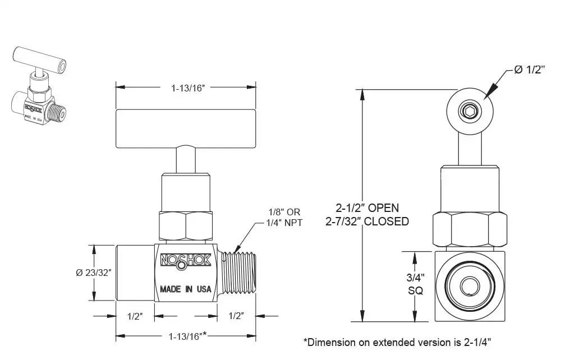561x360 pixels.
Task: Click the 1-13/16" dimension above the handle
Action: coord(188,88)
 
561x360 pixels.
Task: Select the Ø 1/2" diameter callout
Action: coord(529,70)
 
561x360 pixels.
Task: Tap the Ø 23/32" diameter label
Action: coord(94,273)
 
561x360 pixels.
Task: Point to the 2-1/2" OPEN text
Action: coord(367,207)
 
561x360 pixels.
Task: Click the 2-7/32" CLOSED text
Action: coord(367,221)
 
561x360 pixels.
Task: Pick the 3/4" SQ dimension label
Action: coord(415,284)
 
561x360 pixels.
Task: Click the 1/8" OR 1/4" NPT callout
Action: coord(284,218)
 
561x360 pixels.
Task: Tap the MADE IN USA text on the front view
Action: coord(185,289)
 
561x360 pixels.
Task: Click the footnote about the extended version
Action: coord(397,342)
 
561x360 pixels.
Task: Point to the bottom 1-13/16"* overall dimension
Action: coord(188,336)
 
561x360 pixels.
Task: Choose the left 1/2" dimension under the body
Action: coord(135,316)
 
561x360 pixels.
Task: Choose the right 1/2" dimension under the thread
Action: coord(236,316)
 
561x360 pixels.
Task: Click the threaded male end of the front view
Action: coord(237,273)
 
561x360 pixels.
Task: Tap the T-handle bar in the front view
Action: coord(186,129)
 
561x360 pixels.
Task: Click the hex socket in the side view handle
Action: coord(470,111)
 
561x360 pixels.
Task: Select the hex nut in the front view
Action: coord(186,225)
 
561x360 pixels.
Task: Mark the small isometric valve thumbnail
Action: coord(39,86)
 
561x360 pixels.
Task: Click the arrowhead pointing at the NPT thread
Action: coord(237,248)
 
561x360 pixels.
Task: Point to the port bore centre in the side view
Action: coord(470,286)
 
